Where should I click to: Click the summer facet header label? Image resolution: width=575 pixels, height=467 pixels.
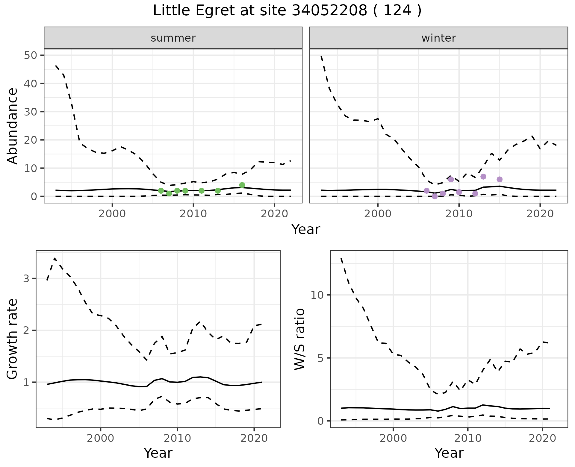tap(173, 38)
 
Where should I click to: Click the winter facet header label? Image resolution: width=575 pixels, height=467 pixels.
tap(438, 38)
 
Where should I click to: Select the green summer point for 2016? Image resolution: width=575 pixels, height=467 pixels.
tap(242, 185)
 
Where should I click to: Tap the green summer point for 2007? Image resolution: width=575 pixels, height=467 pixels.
tap(169, 193)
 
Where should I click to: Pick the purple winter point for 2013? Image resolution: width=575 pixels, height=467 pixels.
tap(483, 177)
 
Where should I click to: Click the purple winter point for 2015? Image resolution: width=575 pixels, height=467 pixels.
tap(499, 179)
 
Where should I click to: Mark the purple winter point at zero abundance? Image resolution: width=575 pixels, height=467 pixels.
tap(435, 196)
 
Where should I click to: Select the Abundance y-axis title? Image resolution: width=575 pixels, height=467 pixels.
tap(13, 126)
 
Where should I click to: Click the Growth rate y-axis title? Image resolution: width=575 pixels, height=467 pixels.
tap(13, 339)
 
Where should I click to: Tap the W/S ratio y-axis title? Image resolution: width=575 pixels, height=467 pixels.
tap(299, 339)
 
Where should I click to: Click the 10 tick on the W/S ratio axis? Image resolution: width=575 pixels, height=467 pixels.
tap(317, 295)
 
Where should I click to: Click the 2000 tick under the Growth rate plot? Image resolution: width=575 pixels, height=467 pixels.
tap(101, 438)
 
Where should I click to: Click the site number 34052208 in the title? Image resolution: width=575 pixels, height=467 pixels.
tap(329, 11)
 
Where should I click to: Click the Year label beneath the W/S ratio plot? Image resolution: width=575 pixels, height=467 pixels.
tap(449, 453)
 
